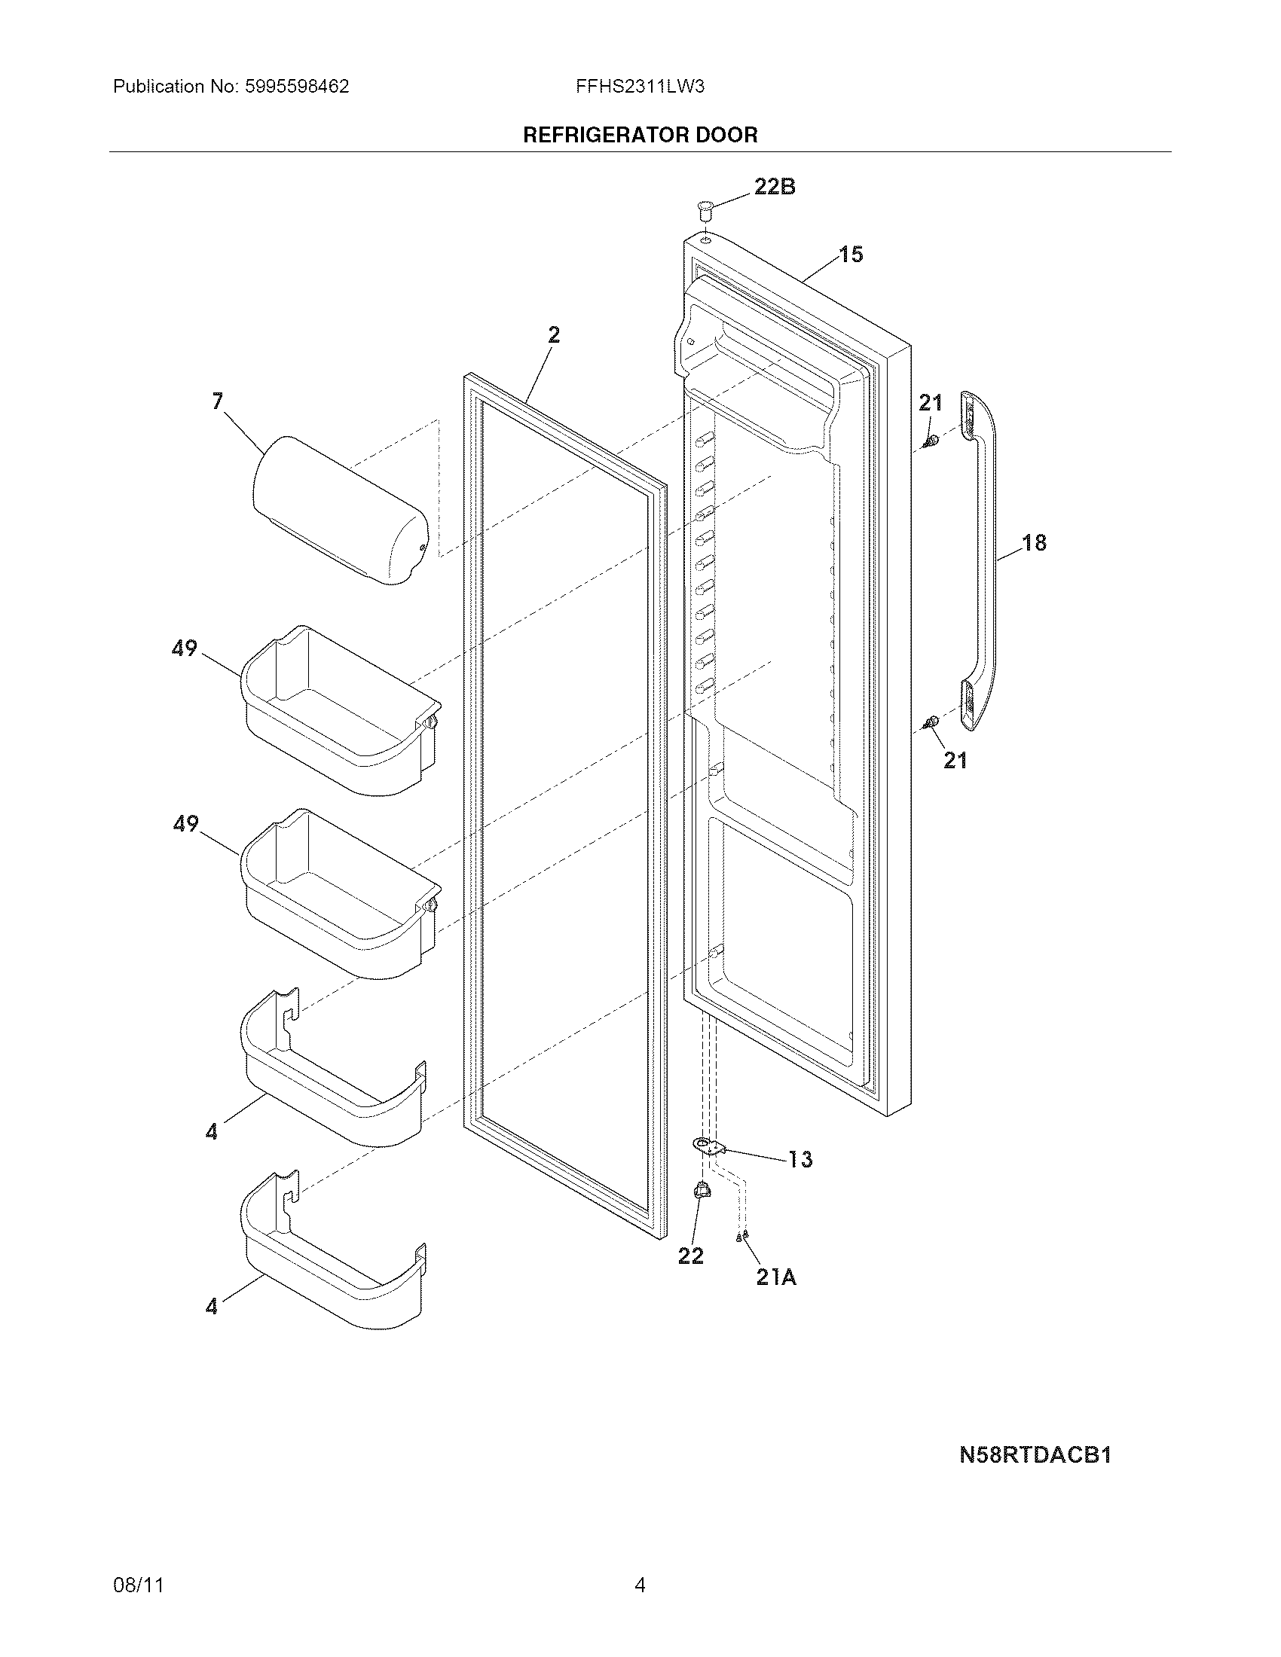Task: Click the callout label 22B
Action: click(x=774, y=187)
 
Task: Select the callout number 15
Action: click(x=851, y=255)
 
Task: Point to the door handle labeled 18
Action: click(x=986, y=561)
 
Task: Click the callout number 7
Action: click(x=218, y=401)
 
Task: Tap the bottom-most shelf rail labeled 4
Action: click(x=334, y=1252)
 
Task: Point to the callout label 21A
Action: click(x=775, y=1277)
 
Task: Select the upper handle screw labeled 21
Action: click(x=932, y=441)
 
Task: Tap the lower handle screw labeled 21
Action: click(x=932, y=722)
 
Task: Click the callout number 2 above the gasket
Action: click(x=554, y=334)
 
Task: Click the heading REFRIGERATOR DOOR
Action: click(x=640, y=136)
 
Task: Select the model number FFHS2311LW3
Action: click(x=640, y=87)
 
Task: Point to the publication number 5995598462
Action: click(x=297, y=87)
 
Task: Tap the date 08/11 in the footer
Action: click(x=138, y=1585)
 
